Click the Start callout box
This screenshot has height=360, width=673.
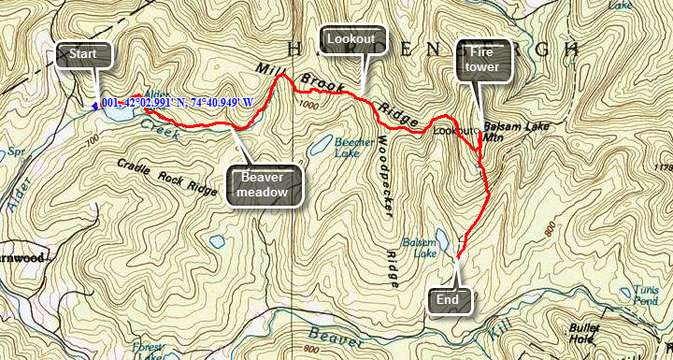pos(83,55)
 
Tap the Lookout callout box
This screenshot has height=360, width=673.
pos(351,39)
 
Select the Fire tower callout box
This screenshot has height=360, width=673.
pos(483,60)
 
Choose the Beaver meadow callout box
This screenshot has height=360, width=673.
pos(265,185)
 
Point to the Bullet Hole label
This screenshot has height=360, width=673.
pos(587,335)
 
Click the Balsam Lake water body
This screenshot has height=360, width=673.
pos(450,241)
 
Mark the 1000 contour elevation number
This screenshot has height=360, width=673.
pos(309,108)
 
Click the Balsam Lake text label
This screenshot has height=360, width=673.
pos(419,247)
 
